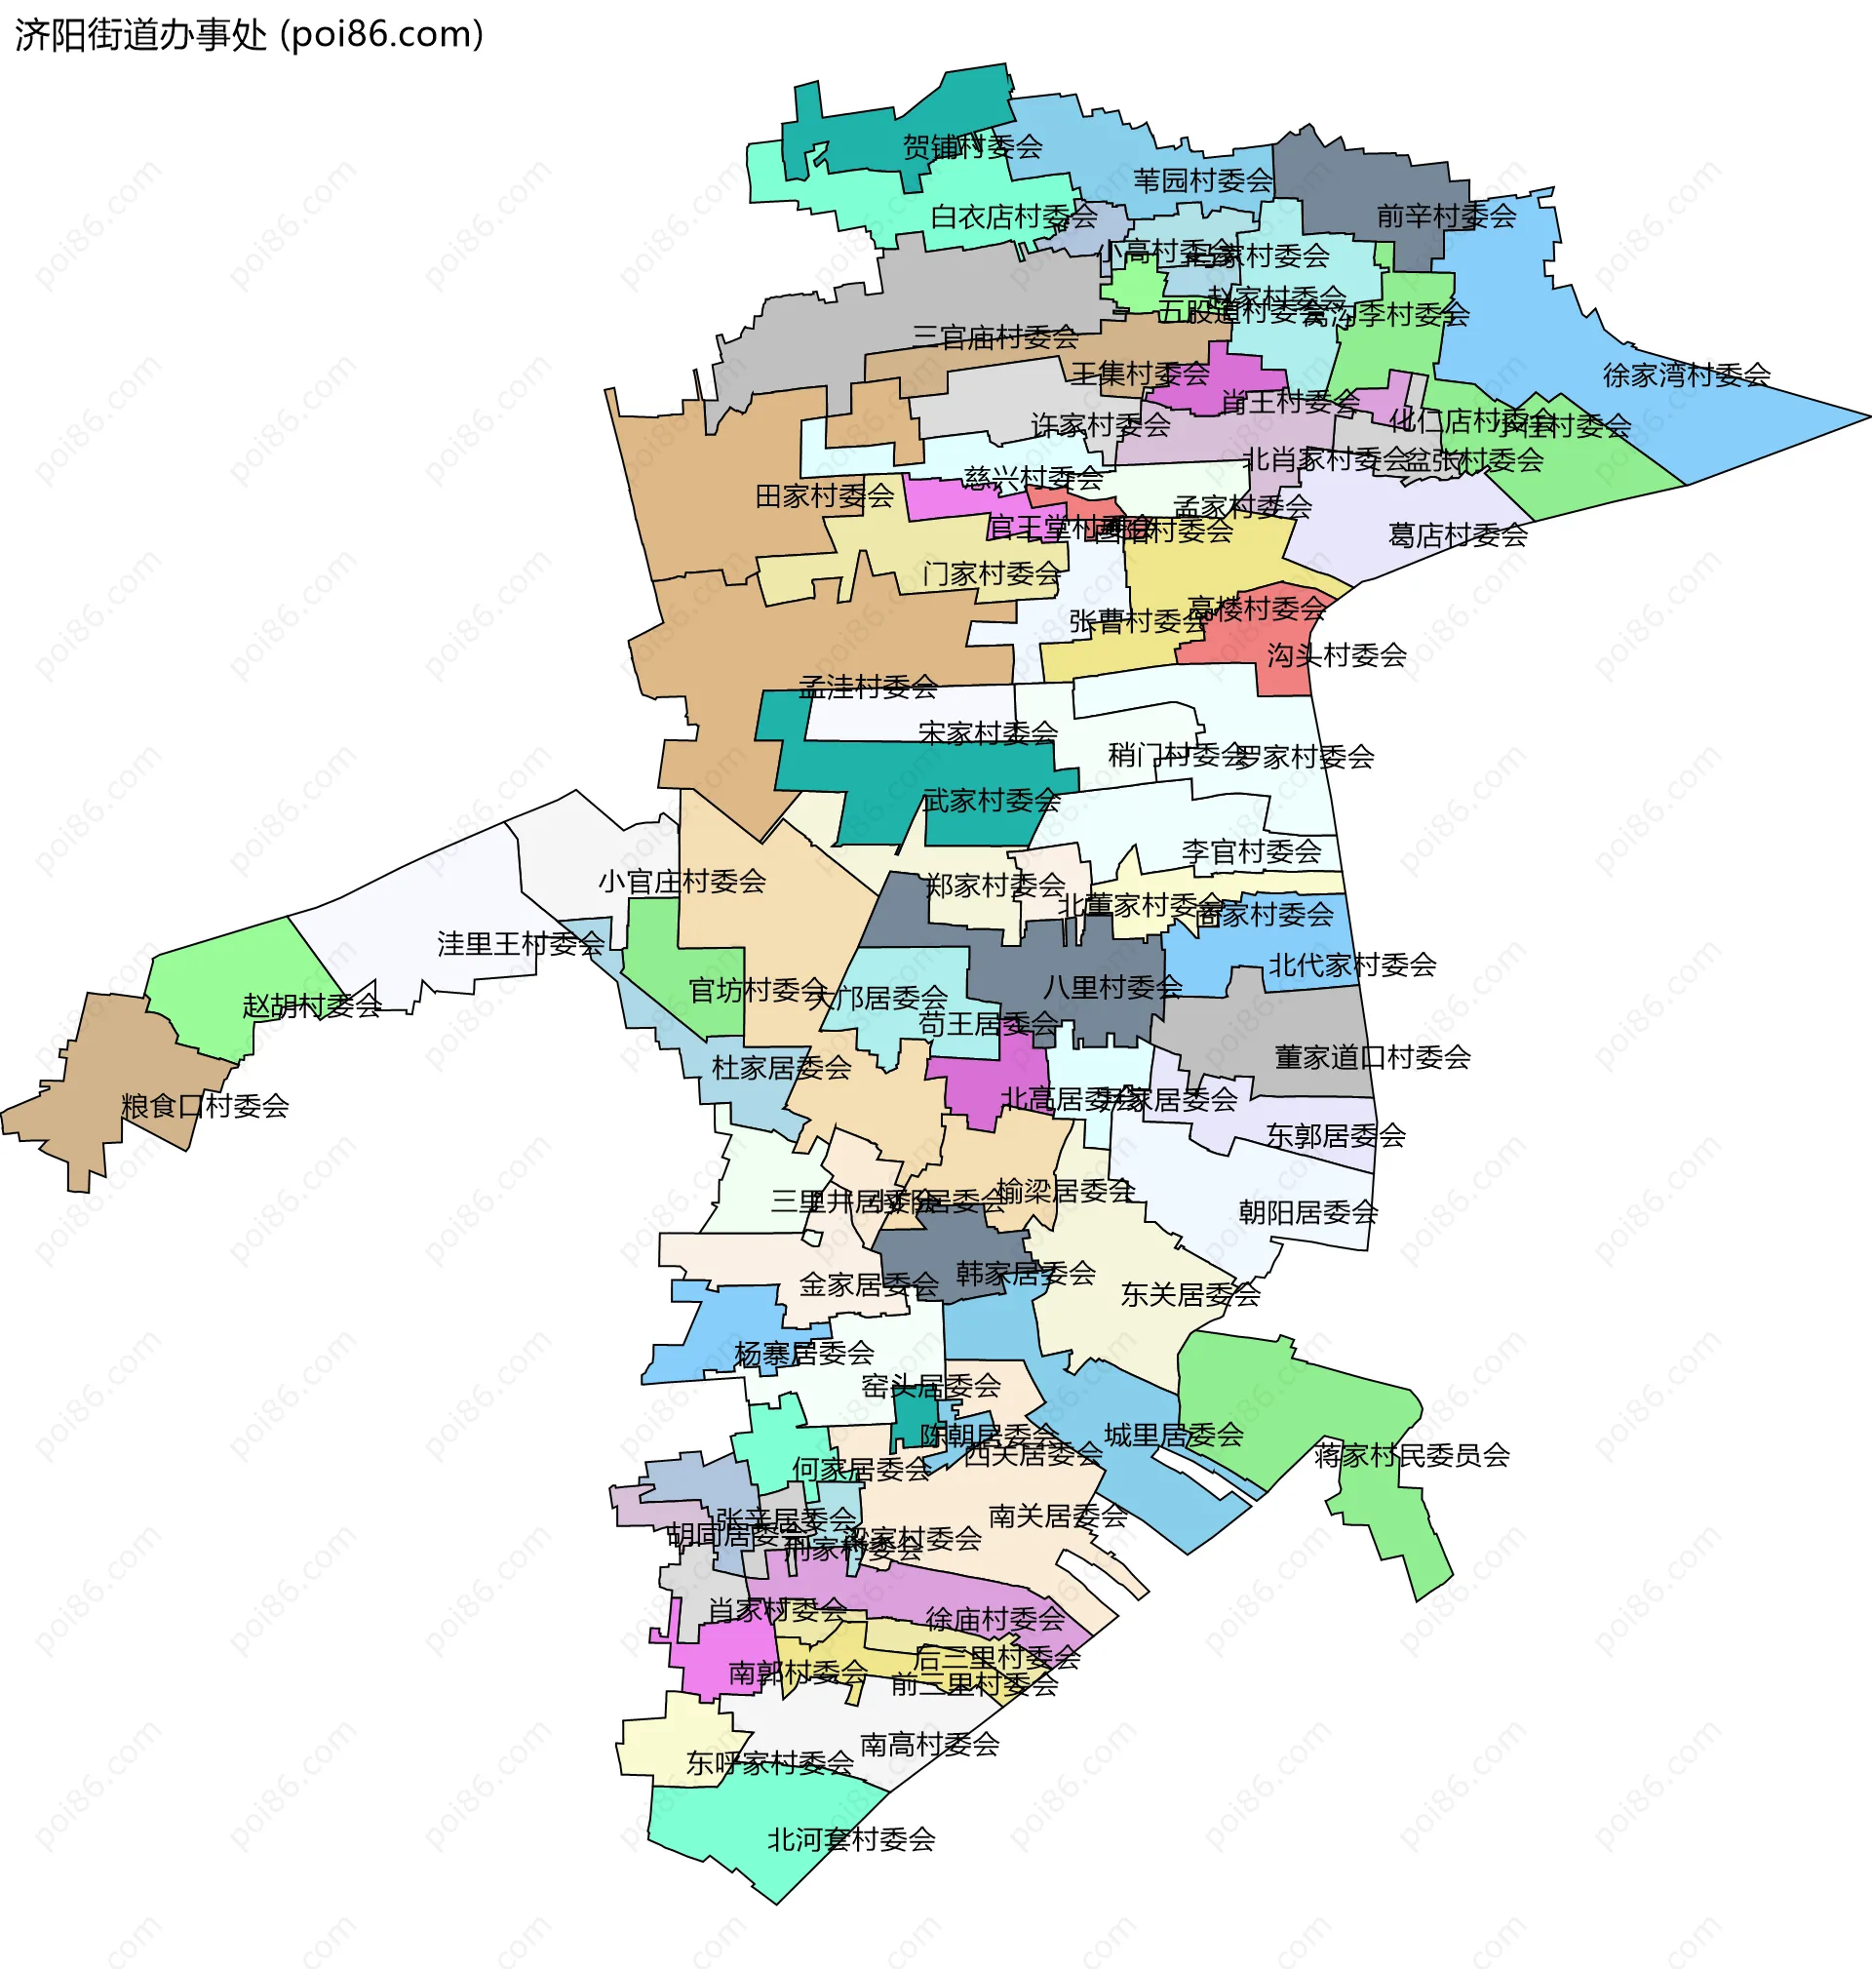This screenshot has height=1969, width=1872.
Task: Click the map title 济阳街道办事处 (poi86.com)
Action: point(249,35)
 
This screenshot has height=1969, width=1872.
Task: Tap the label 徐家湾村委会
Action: point(1686,375)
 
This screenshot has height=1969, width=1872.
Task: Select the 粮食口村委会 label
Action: point(205,1106)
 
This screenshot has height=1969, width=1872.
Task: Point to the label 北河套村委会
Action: point(850,1838)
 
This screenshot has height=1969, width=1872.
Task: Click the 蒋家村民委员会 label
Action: point(1411,1455)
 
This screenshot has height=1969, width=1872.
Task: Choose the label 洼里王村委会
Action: point(520,943)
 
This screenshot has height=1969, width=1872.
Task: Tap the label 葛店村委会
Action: point(1457,536)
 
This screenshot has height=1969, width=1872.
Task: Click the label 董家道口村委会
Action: point(1372,1057)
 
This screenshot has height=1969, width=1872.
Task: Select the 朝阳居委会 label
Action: point(1307,1212)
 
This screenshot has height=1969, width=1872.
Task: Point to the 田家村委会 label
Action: point(824,496)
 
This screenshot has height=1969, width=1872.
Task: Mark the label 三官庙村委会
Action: point(994,337)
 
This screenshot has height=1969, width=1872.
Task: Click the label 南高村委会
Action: point(929,1745)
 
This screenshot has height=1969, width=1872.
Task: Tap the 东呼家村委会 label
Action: point(769,1763)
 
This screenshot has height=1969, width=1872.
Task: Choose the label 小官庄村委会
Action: point(682,882)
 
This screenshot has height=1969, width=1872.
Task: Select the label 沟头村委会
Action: point(1336,655)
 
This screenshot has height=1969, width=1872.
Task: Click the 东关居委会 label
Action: point(1189,1294)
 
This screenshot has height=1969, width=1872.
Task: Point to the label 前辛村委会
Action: point(1446,216)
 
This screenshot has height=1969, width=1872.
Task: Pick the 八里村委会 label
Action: point(1111,988)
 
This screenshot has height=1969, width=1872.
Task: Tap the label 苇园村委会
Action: point(1202,180)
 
